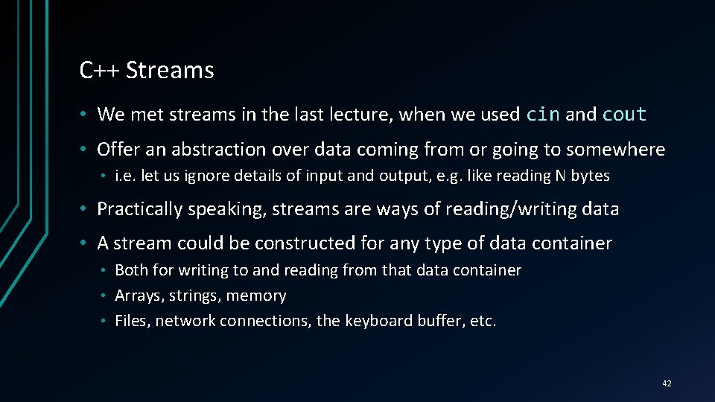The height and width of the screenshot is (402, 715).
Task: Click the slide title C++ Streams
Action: point(147,71)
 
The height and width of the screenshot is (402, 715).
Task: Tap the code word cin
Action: point(543,115)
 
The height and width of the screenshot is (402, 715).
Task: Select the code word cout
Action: point(624,115)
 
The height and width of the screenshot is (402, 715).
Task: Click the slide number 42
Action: point(666,383)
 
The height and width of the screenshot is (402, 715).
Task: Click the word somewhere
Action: point(615,150)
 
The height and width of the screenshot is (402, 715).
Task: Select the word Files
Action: point(131,321)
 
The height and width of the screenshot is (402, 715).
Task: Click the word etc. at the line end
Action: point(482,321)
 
